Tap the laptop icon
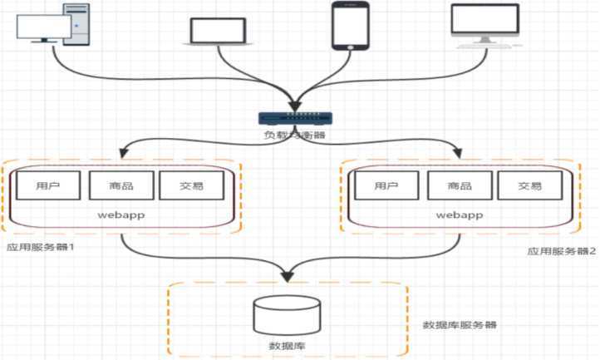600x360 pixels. [217, 31]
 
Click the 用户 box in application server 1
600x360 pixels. [47, 186]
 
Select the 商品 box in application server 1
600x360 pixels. [121, 186]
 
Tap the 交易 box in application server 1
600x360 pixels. [191, 186]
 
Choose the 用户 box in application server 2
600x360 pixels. [386, 186]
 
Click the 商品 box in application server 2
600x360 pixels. [460, 186]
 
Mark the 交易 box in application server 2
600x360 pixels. [529, 186]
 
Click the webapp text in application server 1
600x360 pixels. [120, 215]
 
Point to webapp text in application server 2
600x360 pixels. [460, 215]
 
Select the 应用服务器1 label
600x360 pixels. [41, 247]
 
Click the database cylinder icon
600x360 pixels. [286, 314]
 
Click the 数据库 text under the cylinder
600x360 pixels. [286, 343]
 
